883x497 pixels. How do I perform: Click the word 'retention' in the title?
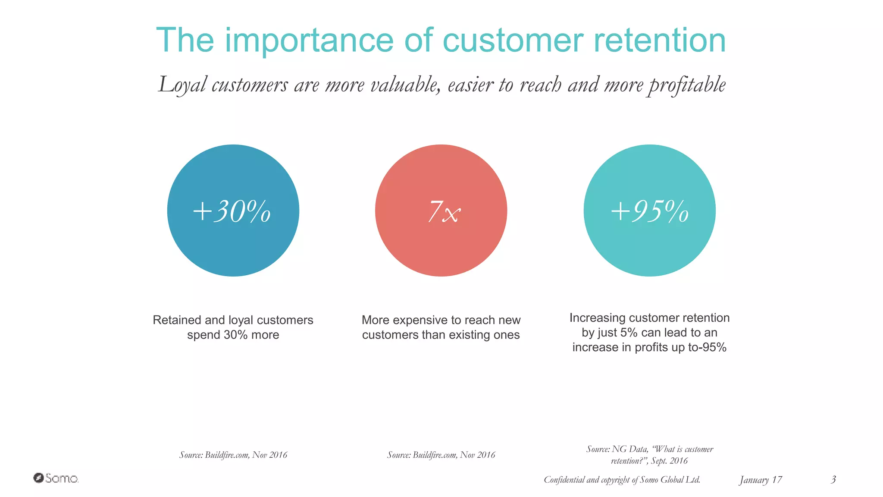click(660, 40)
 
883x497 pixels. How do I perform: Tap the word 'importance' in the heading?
click(309, 41)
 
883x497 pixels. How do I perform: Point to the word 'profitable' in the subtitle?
click(687, 85)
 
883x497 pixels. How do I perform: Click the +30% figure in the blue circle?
click(232, 211)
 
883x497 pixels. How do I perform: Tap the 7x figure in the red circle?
click(444, 212)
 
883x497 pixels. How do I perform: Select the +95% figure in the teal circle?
click(650, 211)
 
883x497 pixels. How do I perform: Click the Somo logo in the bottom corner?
click(56, 478)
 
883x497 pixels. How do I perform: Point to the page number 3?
click(833, 479)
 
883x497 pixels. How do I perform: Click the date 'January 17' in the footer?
click(761, 480)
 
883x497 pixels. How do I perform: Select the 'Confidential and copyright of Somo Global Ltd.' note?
click(622, 480)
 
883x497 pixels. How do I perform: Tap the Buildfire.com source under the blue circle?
click(233, 455)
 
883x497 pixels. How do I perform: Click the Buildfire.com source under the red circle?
click(441, 455)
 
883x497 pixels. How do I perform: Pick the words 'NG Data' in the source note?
click(630, 449)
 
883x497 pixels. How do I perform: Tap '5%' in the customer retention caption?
click(629, 333)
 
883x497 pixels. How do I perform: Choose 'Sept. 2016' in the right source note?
click(669, 461)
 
